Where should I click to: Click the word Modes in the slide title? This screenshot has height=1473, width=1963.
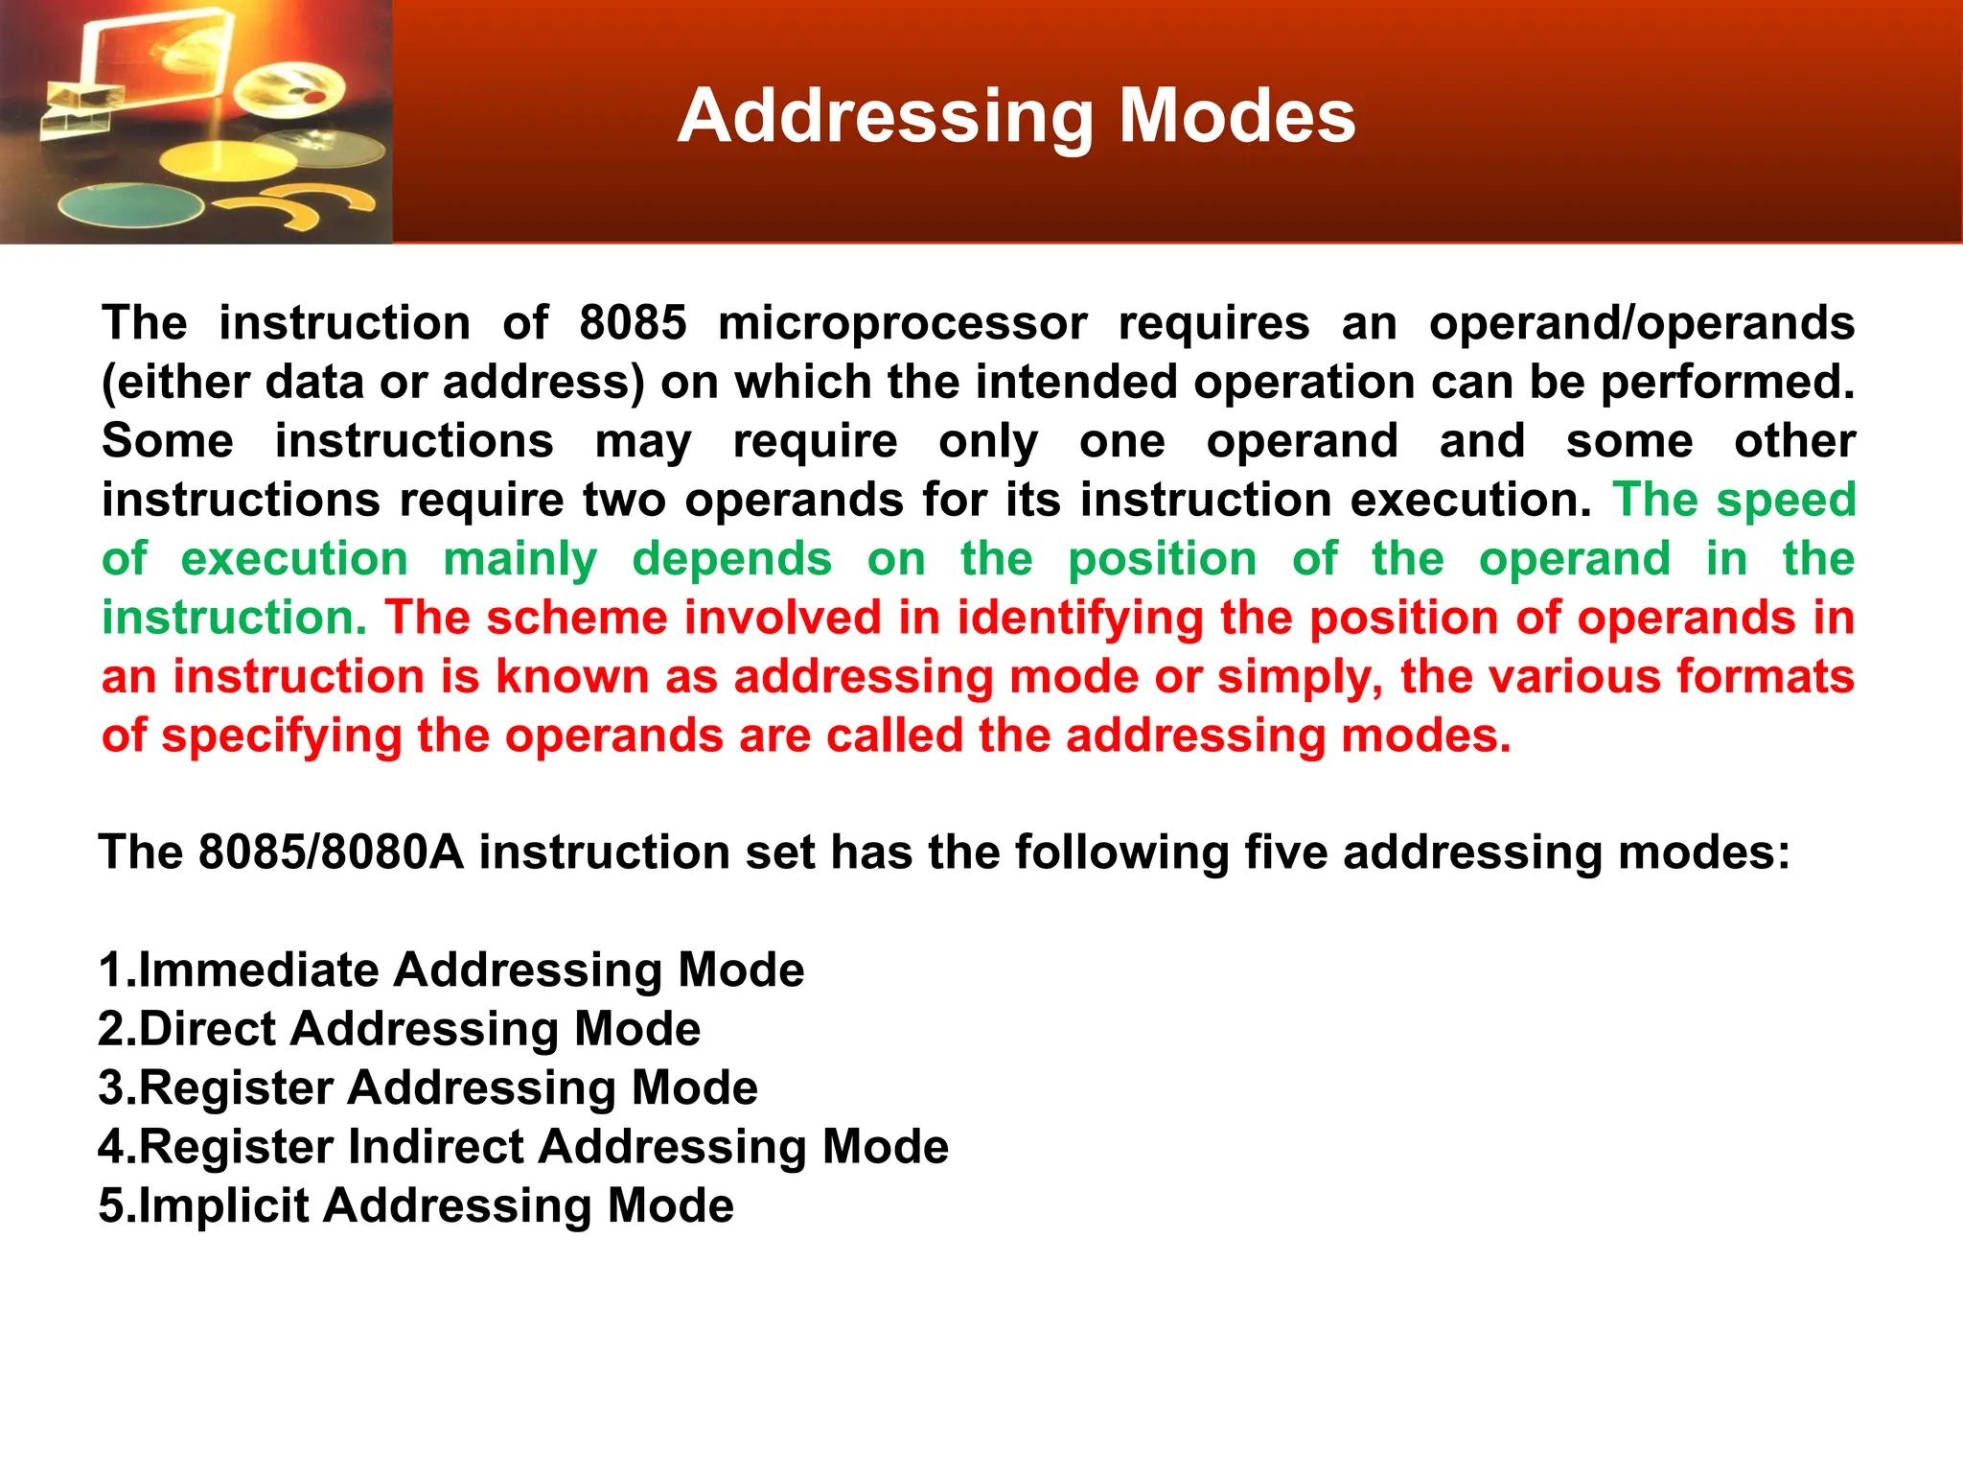[x=1237, y=116]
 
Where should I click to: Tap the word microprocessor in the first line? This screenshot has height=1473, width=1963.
[x=902, y=323]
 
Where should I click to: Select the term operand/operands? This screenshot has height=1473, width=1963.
[x=1641, y=323]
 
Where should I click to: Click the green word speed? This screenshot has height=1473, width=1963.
[x=1786, y=500]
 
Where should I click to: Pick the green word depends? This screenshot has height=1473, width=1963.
[x=732, y=560]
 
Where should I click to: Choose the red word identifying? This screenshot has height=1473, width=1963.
[x=1079, y=620]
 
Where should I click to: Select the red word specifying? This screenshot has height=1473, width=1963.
[x=281, y=736]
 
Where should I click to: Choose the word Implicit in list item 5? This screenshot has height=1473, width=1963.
[x=223, y=1205]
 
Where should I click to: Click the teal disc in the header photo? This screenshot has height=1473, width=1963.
[x=130, y=205]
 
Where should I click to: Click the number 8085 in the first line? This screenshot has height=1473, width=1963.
[x=633, y=323]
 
